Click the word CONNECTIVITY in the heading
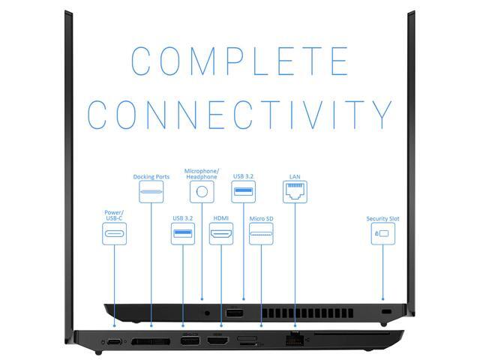pos(240,114)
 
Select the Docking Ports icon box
pos(151,193)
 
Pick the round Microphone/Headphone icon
pos(201,192)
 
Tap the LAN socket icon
pos(294,193)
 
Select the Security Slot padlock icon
pos(382,233)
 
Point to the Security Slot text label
pos(382,218)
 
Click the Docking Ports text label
pos(151,177)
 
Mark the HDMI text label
pos(220,218)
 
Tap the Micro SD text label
pos(261,218)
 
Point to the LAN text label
pos(294,177)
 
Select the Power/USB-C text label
pos(114,215)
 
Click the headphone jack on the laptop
pos(205,310)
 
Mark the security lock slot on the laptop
pos(386,310)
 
